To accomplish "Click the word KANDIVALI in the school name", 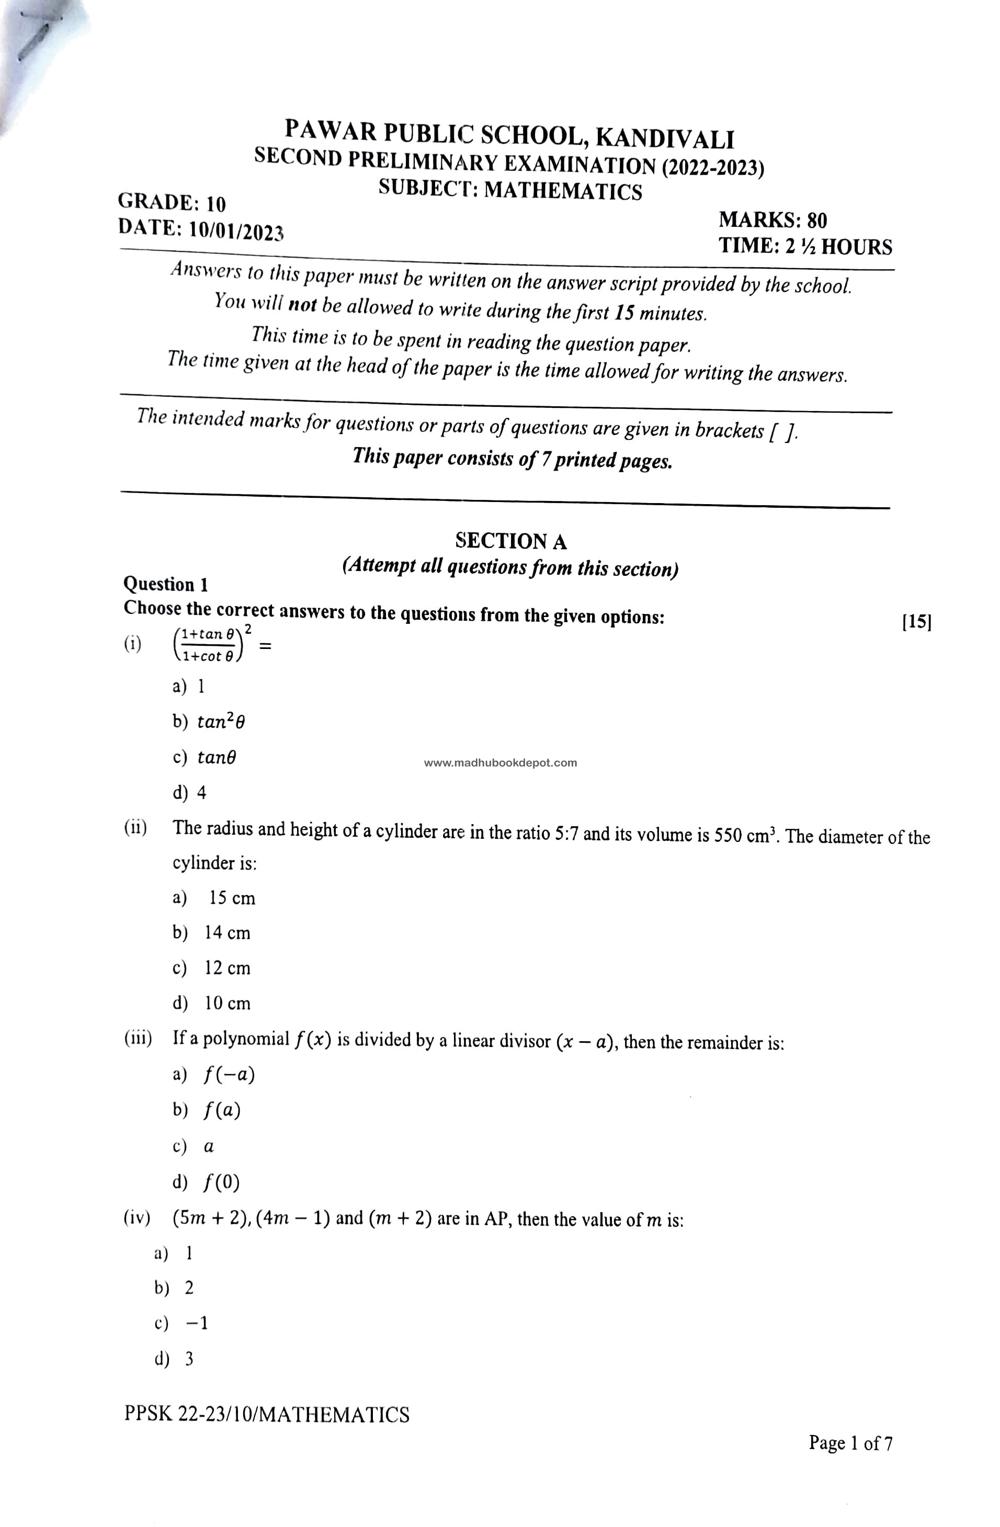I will [x=664, y=138].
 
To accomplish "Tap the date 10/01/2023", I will [x=235, y=231].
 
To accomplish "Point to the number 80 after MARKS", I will [x=816, y=220].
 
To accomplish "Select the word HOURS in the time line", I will [x=856, y=247].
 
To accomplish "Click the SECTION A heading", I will [x=510, y=541].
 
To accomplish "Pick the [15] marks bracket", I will [x=916, y=621].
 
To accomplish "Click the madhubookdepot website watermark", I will [x=500, y=763].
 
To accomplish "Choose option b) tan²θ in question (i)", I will [x=220, y=722].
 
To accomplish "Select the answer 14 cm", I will [x=227, y=933].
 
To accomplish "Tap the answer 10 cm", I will [x=227, y=1003].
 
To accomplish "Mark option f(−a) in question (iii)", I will [x=229, y=1075].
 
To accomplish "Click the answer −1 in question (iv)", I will [x=197, y=1323].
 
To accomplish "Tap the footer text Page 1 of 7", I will [x=850, y=1443].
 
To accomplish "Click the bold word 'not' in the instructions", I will [x=302, y=305].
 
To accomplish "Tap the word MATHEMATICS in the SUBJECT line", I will [x=562, y=191].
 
